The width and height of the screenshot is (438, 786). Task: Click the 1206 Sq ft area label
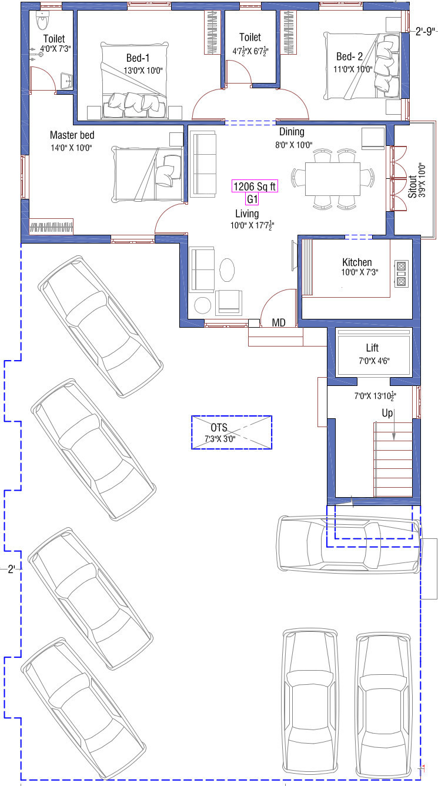point(255,186)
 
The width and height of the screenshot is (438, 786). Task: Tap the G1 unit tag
point(252,199)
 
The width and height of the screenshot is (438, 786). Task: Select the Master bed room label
point(72,135)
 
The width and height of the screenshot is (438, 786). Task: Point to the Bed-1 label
point(138,58)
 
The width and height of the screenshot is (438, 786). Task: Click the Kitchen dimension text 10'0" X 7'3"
point(360,272)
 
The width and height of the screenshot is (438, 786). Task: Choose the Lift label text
point(372,348)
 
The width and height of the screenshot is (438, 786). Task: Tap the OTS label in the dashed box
point(219,428)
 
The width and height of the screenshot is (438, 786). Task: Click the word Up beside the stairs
point(387,414)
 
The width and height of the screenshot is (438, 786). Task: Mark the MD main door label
point(279,322)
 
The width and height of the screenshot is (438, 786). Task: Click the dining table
point(332,179)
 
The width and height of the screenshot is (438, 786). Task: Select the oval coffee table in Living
point(227,270)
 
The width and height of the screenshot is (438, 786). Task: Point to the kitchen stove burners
point(402,274)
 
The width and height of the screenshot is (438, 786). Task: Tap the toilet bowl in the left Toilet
point(42,22)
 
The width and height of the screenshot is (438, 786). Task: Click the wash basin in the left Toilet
point(66,81)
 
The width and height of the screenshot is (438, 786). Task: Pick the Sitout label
point(412,186)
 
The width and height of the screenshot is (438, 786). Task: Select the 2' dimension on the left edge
point(12,569)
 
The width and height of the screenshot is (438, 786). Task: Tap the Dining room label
point(292,132)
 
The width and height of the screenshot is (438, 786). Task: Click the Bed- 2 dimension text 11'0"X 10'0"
point(353,69)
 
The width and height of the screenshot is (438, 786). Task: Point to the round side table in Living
point(203,305)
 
